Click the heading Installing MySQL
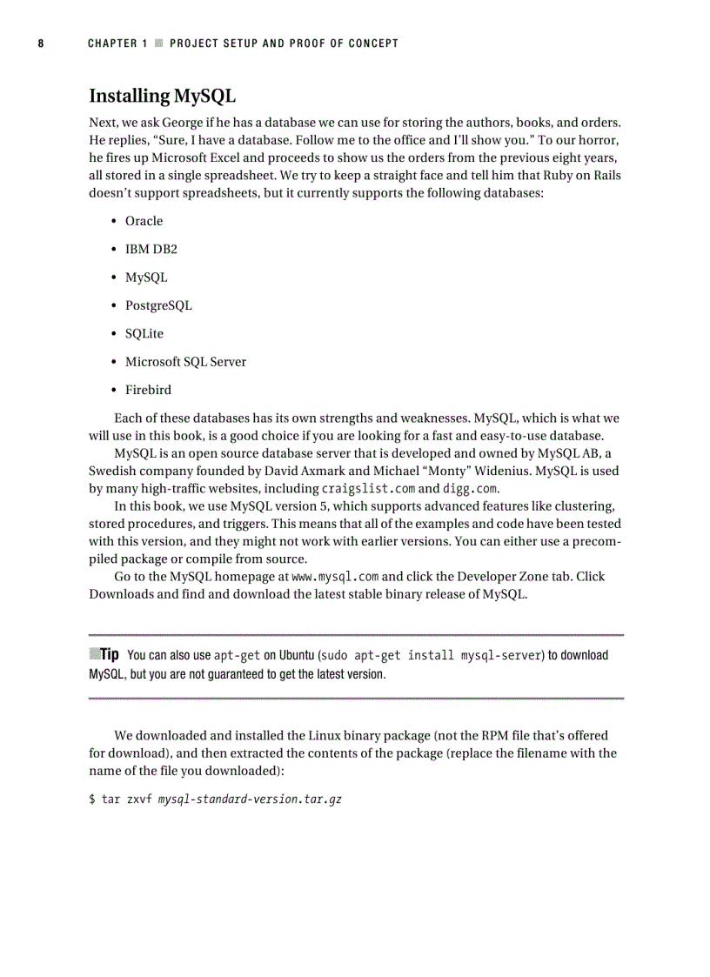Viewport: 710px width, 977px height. pyautogui.click(x=162, y=96)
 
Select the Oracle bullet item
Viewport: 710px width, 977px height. pyautogui.click(x=144, y=221)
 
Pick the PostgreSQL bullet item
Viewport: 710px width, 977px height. pyautogui.click(x=158, y=305)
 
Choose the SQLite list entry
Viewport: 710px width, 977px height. pyautogui.click(x=144, y=333)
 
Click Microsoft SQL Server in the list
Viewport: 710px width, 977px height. pyautogui.click(x=185, y=362)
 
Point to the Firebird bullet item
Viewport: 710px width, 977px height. pyautogui.click(x=148, y=390)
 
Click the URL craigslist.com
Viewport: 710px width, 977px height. pyautogui.click(x=368, y=489)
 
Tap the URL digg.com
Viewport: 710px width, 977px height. pyautogui.click(x=470, y=489)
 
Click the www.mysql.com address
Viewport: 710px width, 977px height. pyautogui.click(x=334, y=577)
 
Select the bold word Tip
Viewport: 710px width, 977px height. pyautogui.click(x=110, y=654)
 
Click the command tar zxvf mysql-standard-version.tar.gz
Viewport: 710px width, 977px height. pyautogui.click(x=215, y=800)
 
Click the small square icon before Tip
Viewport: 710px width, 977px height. pyautogui.click(x=94, y=653)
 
